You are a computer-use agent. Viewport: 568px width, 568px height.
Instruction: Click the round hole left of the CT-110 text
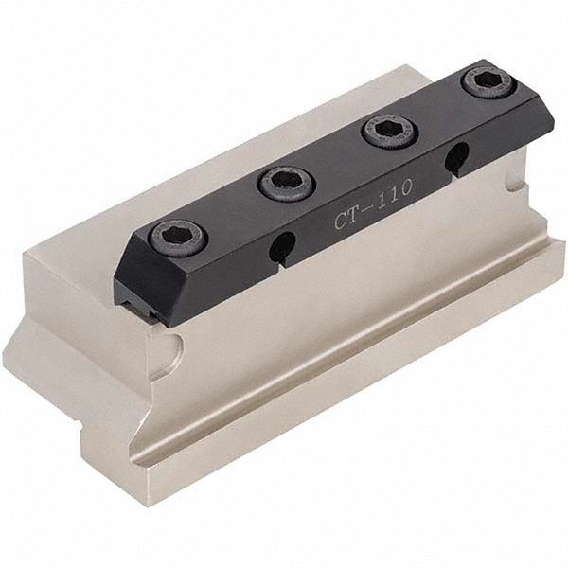(x=281, y=247)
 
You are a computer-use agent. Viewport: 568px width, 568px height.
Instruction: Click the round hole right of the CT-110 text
(x=455, y=158)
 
